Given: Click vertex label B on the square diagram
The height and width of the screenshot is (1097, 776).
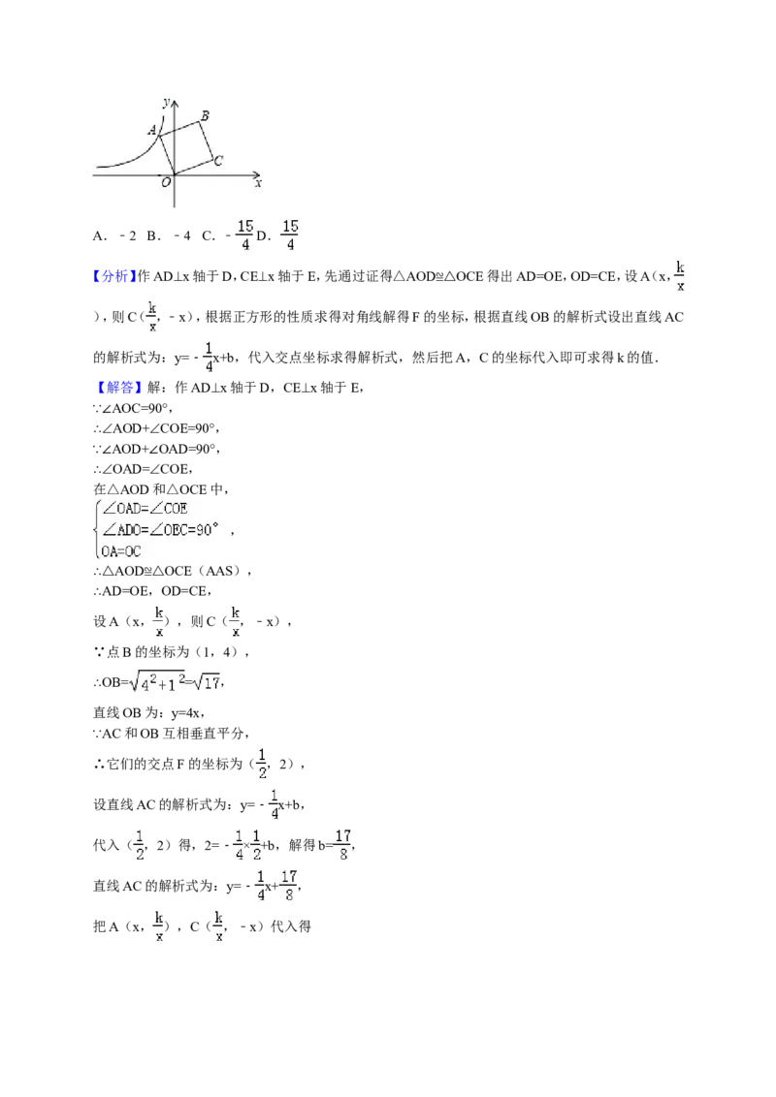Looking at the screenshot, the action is (205, 116).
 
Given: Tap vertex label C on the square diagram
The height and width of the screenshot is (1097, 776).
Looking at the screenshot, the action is (218, 161).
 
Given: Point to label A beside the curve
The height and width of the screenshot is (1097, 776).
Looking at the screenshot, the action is (152, 130).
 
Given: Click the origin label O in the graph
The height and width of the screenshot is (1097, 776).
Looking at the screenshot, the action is (166, 182).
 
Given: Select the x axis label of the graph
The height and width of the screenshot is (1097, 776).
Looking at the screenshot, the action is (258, 183).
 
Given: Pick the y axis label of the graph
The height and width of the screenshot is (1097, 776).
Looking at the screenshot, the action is (166, 103).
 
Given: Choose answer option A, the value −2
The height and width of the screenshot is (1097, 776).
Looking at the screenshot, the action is (114, 235).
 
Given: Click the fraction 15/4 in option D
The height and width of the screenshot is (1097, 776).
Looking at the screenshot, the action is (290, 235).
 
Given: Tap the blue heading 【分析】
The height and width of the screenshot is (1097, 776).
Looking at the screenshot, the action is (113, 276).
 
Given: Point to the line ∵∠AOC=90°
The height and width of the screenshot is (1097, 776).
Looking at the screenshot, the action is (133, 408).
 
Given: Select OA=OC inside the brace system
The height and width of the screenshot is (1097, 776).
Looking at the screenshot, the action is (121, 551).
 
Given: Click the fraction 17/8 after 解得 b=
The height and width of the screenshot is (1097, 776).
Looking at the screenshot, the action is (343, 844).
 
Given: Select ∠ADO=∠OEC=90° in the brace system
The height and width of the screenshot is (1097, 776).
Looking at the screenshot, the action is (160, 530).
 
